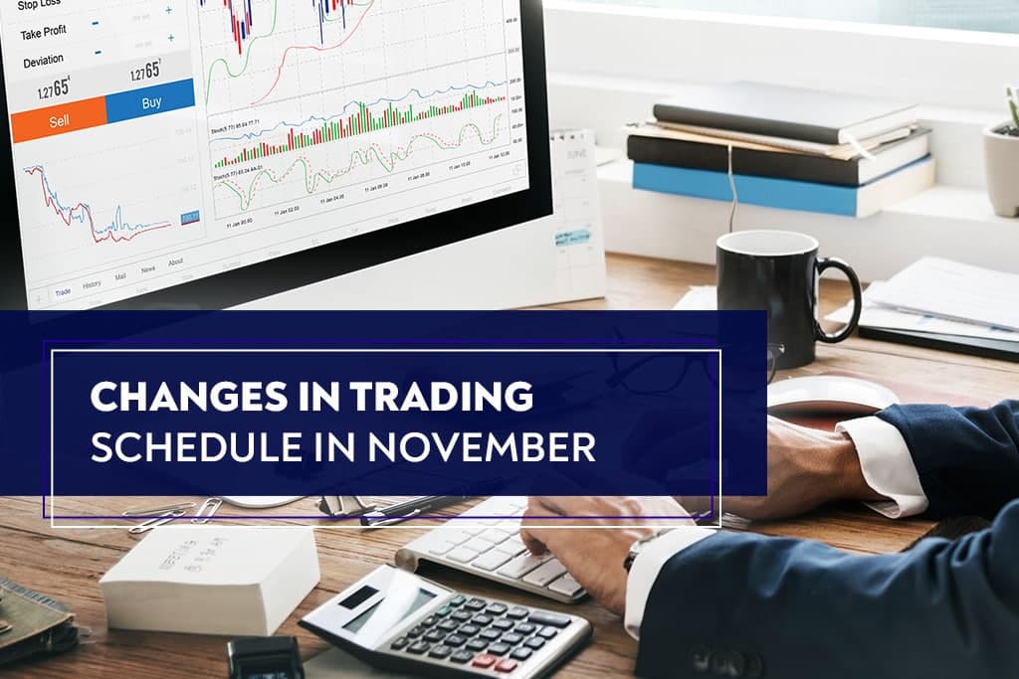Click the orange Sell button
point(58,120)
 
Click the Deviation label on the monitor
point(44,61)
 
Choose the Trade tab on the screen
point(63,291)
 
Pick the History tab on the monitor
point(92,284)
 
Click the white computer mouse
point(832,394)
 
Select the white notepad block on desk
point(210,578)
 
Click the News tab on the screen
point(147,269)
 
